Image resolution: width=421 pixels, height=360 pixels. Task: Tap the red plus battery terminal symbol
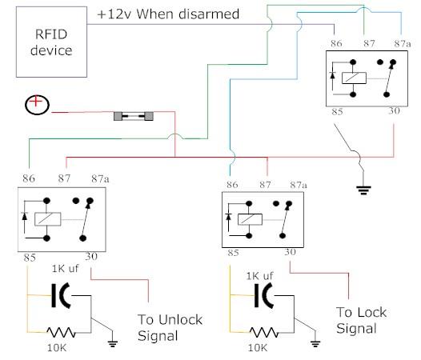tap(36, 105)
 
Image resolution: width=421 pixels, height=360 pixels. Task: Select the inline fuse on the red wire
tap(134, 116)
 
